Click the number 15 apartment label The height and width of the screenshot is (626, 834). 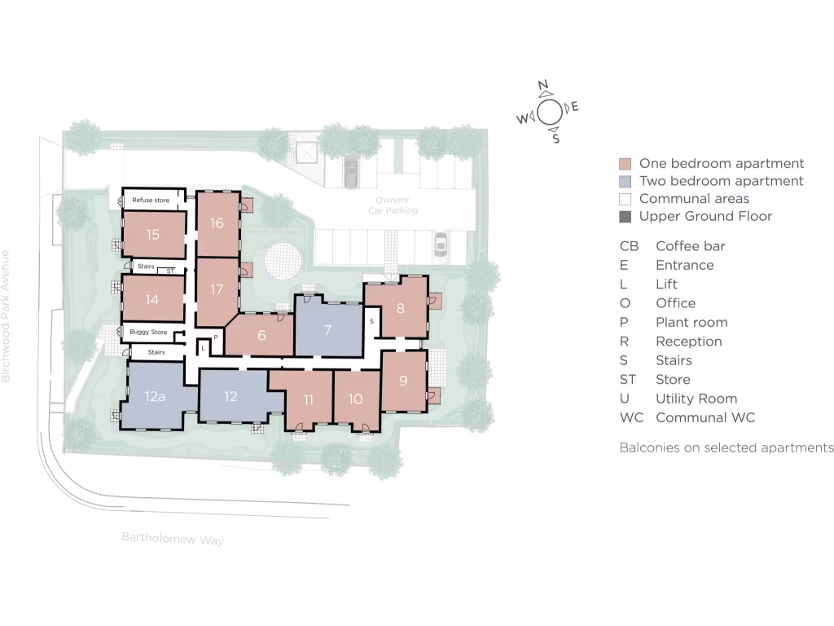tap(153, 235)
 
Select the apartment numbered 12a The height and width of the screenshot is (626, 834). tap(156, 397)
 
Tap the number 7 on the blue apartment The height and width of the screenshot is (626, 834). tap(327, 330)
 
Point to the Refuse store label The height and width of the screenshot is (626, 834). tap(151, 200)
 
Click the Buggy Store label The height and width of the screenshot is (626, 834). tap(148, 333)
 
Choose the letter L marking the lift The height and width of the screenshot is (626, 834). tap(203, 348)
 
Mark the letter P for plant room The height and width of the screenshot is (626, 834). tap(216, 337)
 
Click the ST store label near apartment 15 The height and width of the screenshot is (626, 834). tap(170, 271)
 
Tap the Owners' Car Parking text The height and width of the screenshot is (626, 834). tap(397, 205)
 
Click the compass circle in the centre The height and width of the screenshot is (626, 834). tap(550, 112)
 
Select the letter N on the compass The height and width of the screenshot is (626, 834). tap(543, 86)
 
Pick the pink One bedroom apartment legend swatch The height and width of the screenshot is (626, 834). tap(625, 164)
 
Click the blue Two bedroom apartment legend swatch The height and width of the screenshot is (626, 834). tap(625, 182)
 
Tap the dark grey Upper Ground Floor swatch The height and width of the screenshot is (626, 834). tap(625, 217)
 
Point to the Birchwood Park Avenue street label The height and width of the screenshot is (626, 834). tap(7, 316)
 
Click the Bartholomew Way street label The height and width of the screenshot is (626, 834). tap(173, 539)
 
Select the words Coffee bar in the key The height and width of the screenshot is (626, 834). tap(690, 246)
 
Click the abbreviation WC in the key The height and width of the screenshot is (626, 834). tap(631, 418)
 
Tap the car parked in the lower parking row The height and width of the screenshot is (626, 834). tap(441, 245)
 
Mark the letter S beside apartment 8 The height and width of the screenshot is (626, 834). tap(371, 321)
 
